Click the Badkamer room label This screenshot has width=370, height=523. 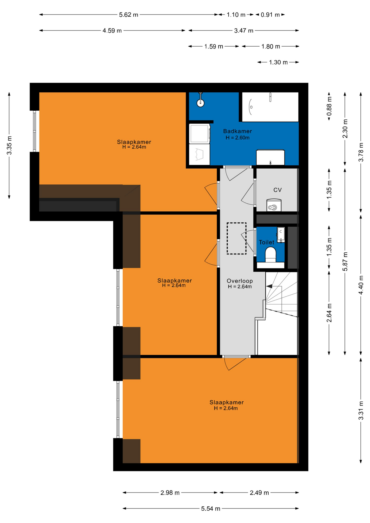237,131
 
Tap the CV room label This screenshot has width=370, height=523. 277,190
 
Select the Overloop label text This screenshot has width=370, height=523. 240,281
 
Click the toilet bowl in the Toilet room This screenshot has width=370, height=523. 271,254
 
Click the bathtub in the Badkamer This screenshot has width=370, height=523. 270,107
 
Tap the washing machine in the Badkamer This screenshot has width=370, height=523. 199,133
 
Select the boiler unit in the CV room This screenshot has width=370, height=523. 274,205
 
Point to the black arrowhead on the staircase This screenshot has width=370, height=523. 269,286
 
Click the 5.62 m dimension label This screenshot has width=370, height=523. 129,15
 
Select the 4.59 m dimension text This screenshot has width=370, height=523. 112,31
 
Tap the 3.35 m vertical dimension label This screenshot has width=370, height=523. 9,145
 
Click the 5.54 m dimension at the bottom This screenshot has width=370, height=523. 211,509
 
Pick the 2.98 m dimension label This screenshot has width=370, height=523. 170,492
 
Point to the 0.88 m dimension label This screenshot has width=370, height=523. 329,106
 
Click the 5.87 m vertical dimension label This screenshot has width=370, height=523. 345,261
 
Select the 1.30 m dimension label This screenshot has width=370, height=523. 278,62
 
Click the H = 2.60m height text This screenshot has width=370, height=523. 238,138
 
